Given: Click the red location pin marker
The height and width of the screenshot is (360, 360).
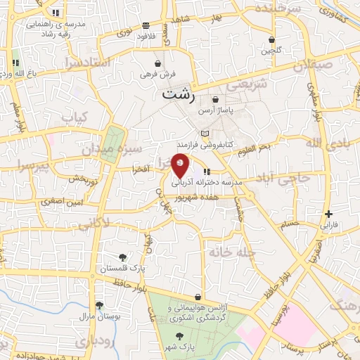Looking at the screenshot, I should pos(181,166).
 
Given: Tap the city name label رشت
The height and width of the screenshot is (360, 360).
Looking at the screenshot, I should pos(179,92).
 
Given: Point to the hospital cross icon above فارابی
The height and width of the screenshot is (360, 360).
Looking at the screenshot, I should pos(328,214).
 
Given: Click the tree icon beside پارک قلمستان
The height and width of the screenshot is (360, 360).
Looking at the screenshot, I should pos(124,257).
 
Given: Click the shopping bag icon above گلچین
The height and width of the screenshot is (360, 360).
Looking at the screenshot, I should pos(272,40).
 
